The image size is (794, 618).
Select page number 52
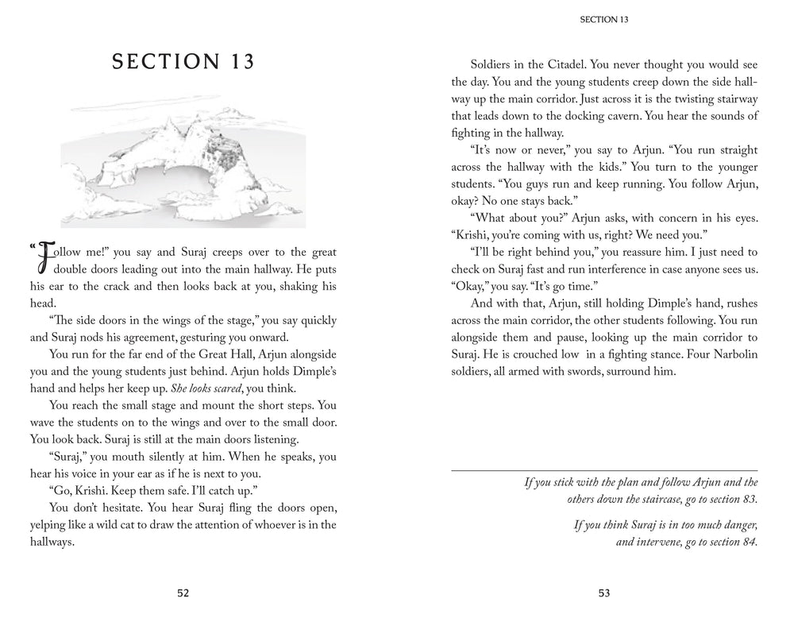[184, 593]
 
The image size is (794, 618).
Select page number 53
[604, 593]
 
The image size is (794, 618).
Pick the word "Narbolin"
[704, 354]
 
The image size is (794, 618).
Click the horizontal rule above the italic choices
[604, 469]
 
